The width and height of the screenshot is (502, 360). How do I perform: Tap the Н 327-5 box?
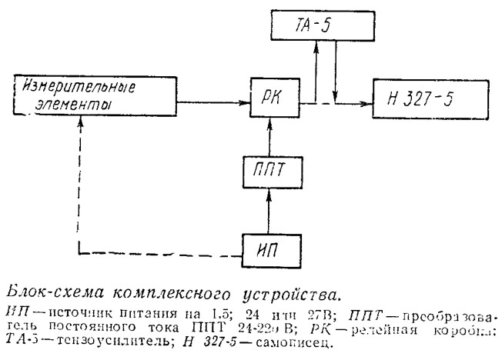click(417, 98)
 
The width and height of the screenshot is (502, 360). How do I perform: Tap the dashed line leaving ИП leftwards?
click(154, 252)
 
